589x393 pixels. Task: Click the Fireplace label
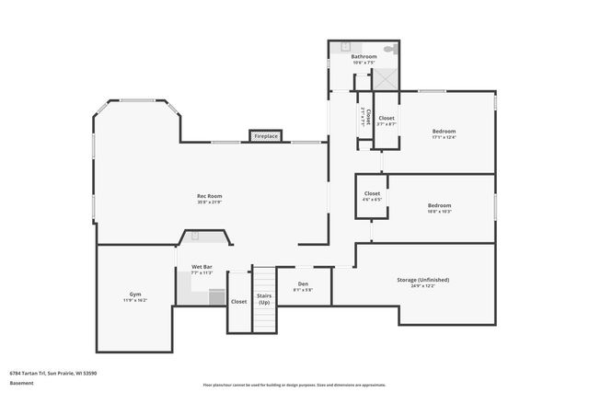pos(266,136)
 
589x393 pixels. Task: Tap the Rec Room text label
pos(209,196)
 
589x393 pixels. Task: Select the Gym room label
pos(135,295)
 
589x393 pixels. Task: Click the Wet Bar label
pos(201,268)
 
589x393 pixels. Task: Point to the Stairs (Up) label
pos(264,299)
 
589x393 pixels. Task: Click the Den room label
pos(303,285)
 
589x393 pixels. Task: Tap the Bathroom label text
pos(364,57)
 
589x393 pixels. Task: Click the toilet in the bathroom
pos(389,47)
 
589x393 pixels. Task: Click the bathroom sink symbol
pos(347,46)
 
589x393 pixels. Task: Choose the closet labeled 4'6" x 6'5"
pos(372,194)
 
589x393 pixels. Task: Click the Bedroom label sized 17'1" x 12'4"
pos(444,132)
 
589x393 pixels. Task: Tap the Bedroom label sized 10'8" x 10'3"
pos(439,206)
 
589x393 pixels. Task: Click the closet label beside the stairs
pos(238,301)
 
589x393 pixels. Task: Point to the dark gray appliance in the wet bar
pos(216,297)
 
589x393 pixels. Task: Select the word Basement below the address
pos(20,383)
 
